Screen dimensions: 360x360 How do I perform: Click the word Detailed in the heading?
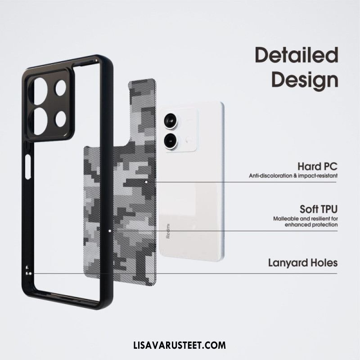297,55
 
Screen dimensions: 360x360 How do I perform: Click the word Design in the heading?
305,81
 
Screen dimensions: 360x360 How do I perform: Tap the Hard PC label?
318,166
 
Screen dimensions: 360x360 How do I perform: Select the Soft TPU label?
319,209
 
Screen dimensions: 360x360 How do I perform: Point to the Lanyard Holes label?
303,263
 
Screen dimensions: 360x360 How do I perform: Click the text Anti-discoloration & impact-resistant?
293,176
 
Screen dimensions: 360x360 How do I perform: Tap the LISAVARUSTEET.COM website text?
180,345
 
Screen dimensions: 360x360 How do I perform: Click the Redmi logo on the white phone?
168,231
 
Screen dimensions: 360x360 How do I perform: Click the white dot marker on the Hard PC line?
146,182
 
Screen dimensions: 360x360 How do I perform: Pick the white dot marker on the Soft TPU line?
110,231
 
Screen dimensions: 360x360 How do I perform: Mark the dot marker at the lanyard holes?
30,274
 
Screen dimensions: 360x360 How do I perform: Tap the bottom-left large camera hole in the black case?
40,121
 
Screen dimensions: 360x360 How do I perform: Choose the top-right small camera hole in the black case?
61,88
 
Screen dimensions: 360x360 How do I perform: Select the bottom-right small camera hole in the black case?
61,119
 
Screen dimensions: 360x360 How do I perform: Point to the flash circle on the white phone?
188,139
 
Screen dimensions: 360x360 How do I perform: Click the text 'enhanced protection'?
311,225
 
